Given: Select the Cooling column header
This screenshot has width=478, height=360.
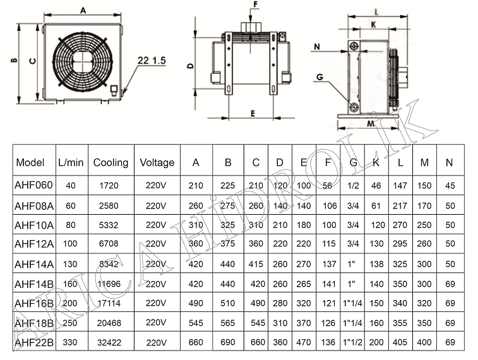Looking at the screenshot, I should (x=111, y=162).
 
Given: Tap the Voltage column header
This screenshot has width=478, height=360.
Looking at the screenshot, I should (x=157, y=162).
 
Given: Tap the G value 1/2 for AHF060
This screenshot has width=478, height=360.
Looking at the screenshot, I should (x=353, y=186).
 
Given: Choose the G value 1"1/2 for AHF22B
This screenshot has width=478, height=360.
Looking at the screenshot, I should (x=354, y=343).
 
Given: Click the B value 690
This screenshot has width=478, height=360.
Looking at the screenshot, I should (x=227, y=343).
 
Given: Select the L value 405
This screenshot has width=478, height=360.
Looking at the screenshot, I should (x=400, y=343).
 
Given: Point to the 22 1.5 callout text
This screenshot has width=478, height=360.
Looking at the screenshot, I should (x=150, y=60).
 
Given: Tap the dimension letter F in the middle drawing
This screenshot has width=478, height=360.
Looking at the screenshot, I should (x=255, y=4).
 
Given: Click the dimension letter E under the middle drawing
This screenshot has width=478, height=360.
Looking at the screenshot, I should (x=251, y=113).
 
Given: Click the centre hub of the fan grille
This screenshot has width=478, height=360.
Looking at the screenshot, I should (x=80, y=59).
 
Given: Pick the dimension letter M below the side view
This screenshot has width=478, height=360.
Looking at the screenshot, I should (x=371, y=124).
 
